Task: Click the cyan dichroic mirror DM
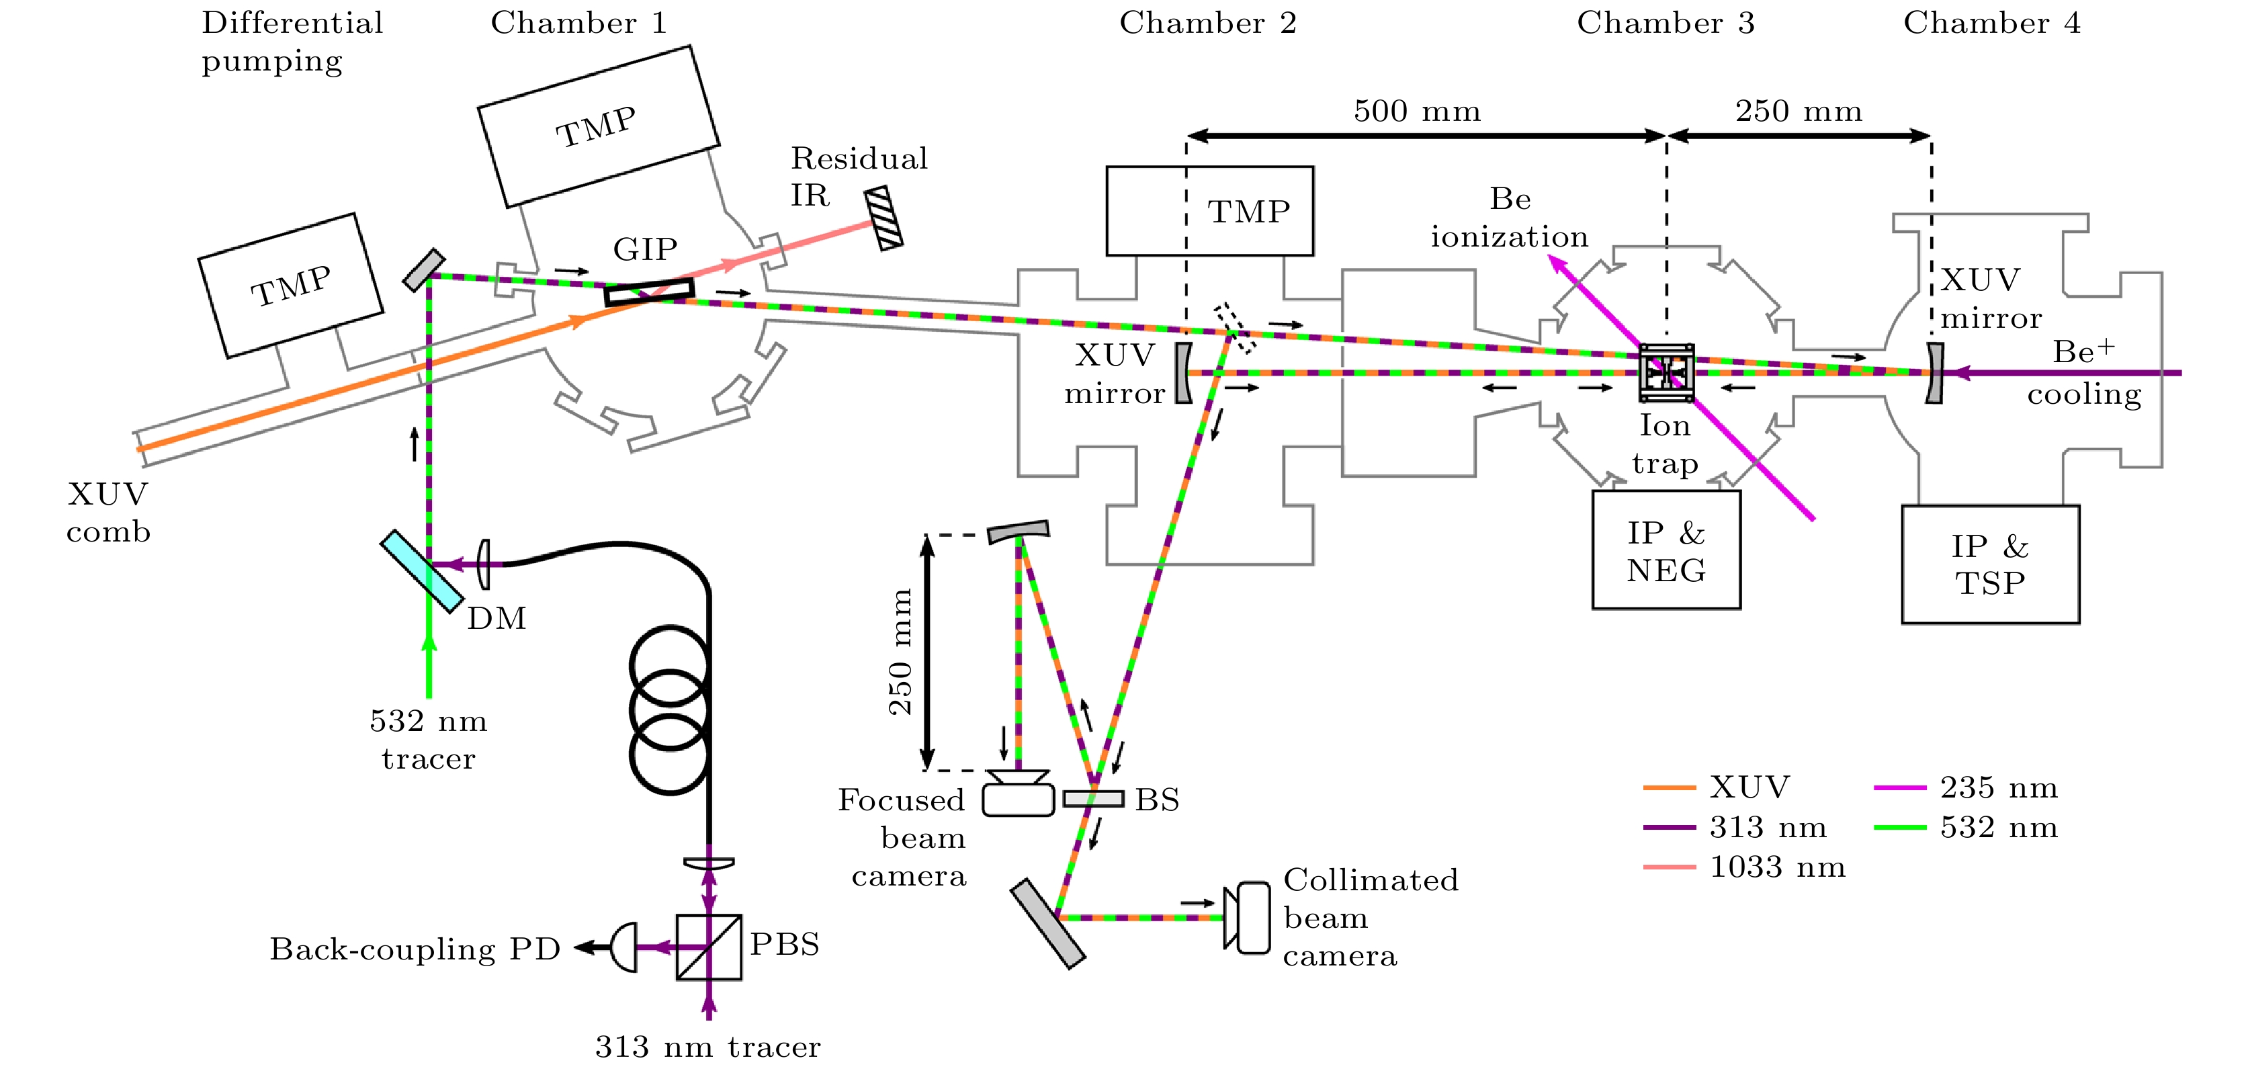(x=421, y=571)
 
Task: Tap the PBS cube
(x=709, y=947)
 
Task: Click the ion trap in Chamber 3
(x=1666, y=373)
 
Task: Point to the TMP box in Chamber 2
(x=1209, y=211)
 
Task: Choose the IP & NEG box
(x=1666, y=550)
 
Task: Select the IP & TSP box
(x=1990, y=564)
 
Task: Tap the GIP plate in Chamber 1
(x=649, y=292)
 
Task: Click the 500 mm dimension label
(x=1417, y=112)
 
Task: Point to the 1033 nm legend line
(x=1669, y=867)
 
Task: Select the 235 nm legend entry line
(x=1900, y=788)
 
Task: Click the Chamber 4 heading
(x=1991, y=24)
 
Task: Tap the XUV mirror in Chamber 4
(x=1934, y=373)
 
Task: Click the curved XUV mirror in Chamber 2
(x=1183, y=373)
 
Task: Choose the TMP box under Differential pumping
(x=291, y=286)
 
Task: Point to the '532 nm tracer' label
(x=429, y=739)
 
